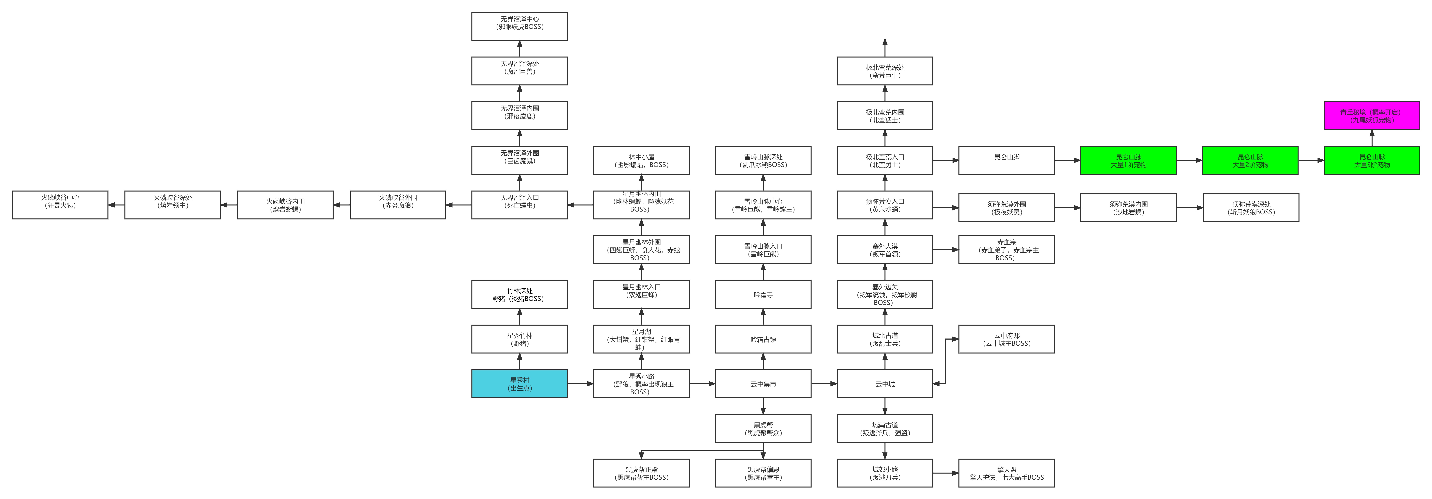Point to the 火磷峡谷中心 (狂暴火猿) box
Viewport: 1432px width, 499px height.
click(x=60, y=205)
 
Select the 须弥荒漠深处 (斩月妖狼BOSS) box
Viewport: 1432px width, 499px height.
click(x=1251, y=207)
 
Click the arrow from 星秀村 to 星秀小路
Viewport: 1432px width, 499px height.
click(x=580, y=384)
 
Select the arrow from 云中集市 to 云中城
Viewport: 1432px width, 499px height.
click(x=824, y=384)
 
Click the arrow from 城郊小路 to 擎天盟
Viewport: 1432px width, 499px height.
click(x=946, y=473)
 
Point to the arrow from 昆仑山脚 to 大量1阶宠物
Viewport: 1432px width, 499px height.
click(x=1067, y=160)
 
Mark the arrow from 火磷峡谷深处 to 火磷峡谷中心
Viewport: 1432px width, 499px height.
click(x=117, y=205)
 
